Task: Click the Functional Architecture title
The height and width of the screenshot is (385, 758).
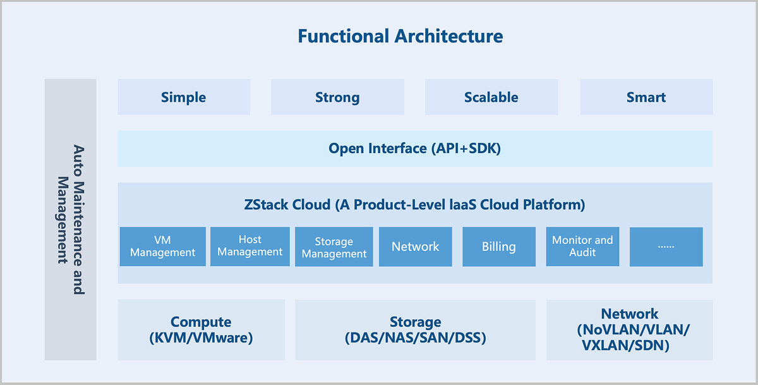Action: (400, 36)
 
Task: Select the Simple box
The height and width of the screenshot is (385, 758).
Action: (184, 97)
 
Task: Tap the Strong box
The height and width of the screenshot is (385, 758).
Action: (337, 97)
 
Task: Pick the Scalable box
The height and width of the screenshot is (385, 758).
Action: (491, 97)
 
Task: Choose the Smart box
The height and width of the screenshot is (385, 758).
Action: (646, 97)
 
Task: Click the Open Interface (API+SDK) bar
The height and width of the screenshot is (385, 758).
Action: (415, 149)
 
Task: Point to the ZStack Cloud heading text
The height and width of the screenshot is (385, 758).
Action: (414, 205)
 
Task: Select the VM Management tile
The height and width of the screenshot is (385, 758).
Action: (162, 247)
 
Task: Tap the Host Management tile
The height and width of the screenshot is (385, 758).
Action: (250, 246)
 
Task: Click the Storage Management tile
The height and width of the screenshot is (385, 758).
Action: (334, 247)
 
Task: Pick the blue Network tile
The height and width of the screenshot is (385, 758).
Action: (415, 247)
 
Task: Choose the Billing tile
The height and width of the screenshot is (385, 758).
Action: (499, 247)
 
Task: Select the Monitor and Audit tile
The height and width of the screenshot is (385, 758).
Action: (582, 247)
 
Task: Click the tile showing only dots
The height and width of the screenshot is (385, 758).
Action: (666, 247)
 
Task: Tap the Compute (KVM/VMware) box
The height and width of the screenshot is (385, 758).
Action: (201, 330)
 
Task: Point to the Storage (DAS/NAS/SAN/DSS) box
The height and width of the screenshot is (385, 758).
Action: (415, 330)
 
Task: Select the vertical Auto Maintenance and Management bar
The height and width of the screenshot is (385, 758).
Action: (70, 219)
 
